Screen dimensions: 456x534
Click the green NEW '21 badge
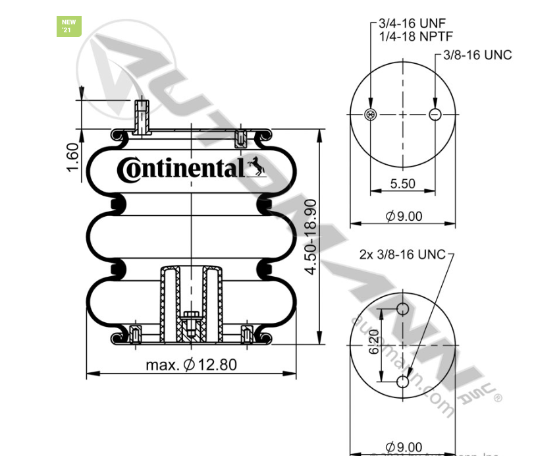(x=69, y=26)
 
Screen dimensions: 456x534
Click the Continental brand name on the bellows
(x=180, y=169)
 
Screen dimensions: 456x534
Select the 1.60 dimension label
(x=72, y=155)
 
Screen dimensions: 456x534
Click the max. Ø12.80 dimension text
(x=191, y=364)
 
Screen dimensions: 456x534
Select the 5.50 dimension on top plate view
(x=402, y=184)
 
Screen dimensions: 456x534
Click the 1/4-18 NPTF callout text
(x=415, y=37)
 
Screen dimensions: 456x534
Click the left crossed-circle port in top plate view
(x=370, y=115)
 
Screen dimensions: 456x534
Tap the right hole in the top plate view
(x=435, y=115)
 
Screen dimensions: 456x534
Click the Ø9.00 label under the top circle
(x=403, y=216)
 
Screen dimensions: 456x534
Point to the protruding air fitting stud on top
(x=141, y=117)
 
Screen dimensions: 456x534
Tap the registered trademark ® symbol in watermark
(x=498, y=397)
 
